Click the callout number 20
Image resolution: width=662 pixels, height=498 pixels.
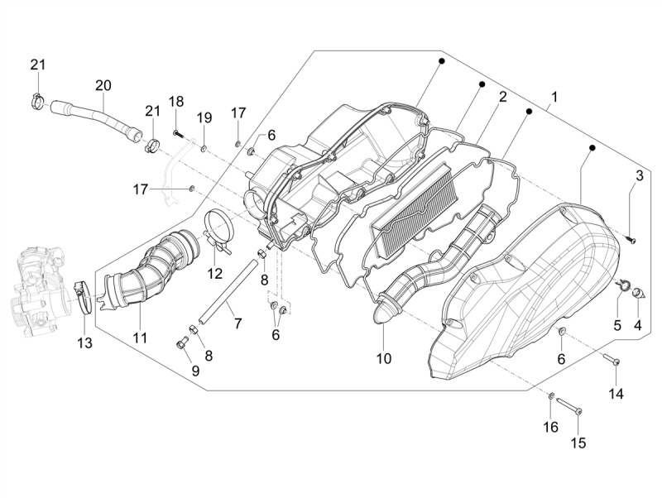click(103, 85)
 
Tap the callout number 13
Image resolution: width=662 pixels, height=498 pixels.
click(84, 343)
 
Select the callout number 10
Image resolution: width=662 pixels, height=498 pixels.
click(384, 358)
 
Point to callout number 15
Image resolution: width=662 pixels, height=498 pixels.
click(578, 443)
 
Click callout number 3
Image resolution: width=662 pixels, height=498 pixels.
click(640, 175)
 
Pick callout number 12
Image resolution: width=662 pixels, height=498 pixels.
click(214, 274)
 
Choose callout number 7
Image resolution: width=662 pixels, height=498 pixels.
click(237, 323)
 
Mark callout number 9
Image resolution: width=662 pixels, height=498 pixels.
click(195, 371)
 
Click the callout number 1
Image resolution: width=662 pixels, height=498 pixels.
click(554, 97)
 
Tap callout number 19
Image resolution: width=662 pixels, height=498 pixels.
click(204, 117)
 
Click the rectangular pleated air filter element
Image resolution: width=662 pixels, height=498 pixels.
click(413, 210)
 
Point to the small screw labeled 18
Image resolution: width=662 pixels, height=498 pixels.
click(179, 134)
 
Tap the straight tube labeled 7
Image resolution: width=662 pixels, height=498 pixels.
click(228, 292)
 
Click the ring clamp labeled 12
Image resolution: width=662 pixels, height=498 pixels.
click(218, 229)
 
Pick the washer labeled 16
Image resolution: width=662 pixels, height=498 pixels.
click(551, 396)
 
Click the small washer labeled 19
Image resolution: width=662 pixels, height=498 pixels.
click(204, 148)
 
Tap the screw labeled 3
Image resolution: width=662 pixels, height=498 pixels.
click(632, 241)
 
